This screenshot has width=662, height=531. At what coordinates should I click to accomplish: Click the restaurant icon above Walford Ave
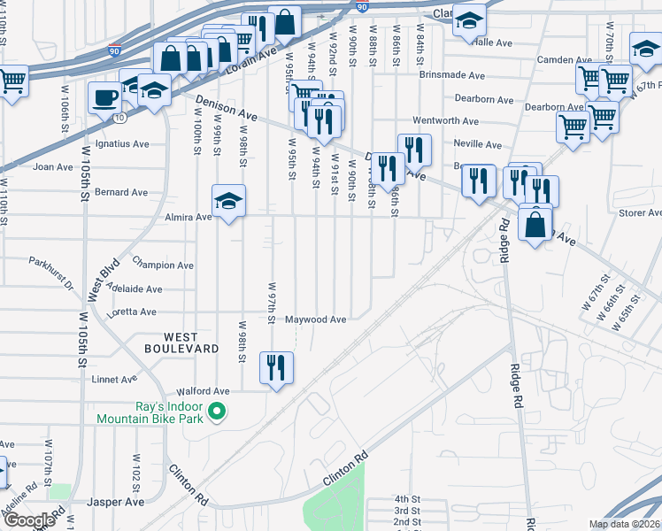(x=276, y=367)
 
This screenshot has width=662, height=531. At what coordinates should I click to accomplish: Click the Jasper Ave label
(x=115, y=502)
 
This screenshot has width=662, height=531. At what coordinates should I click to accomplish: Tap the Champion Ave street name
(x=163, y=265)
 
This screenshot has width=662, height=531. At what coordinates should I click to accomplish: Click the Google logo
(x=29, y=520)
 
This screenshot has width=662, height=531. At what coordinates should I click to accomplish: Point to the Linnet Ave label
(x=114, y=380)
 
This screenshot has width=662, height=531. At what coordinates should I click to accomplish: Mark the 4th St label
(x=407, y=499)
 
